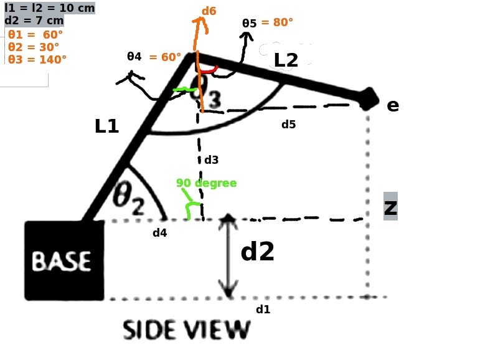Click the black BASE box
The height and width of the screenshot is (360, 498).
pyautogui.click(x=63, y=260)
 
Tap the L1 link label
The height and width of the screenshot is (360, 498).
pyautogui.click(x=106, y=126)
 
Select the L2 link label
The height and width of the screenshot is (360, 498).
pyautogui.click(x=286, y=60)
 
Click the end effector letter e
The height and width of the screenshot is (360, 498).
pyautogui.click(x=392, y=105)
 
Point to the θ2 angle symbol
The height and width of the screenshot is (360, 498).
pyautogui.click(x=129, y=199)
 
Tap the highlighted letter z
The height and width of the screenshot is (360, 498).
pyautogui.click(x=390, y=207)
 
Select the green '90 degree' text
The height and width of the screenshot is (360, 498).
pyautogui.click(x=206, y=183)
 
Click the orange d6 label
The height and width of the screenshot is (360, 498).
pyautogui.click(x=209, y=11)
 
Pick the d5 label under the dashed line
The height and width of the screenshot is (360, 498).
pyautogui.click(x=288, y=125)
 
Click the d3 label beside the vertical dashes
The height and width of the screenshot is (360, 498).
pyautogui.click(x=212, y=160)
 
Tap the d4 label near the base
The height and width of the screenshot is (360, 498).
pyautogui.click(x=159, y=234)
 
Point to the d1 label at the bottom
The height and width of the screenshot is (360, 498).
pyautogui.click(x=263, y=309)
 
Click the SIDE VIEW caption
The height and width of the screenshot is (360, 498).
pyautogui.click(x=186, y=330)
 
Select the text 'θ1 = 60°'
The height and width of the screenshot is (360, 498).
pyautogui.click(x=33, y=35)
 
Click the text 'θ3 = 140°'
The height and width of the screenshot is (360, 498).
pyautogui.click(x=37, y=60)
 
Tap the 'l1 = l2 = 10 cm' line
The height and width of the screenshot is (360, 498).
pyautogui.click(x=49, y=7)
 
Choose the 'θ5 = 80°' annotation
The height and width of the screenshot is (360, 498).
pyautogui.click(x=268, y=22)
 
